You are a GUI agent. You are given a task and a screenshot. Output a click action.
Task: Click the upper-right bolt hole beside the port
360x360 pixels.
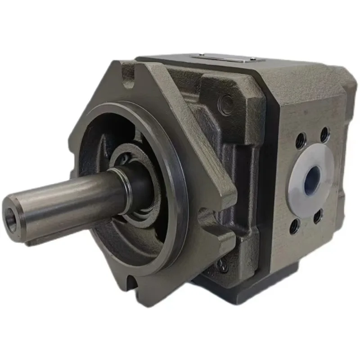coord(324,133)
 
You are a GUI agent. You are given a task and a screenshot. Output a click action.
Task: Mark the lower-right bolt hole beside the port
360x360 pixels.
coord(318,216)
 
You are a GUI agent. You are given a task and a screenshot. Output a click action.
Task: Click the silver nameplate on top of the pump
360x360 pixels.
coord(223,58)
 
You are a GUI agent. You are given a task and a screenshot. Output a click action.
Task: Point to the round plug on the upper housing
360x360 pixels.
coord(225,105)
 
